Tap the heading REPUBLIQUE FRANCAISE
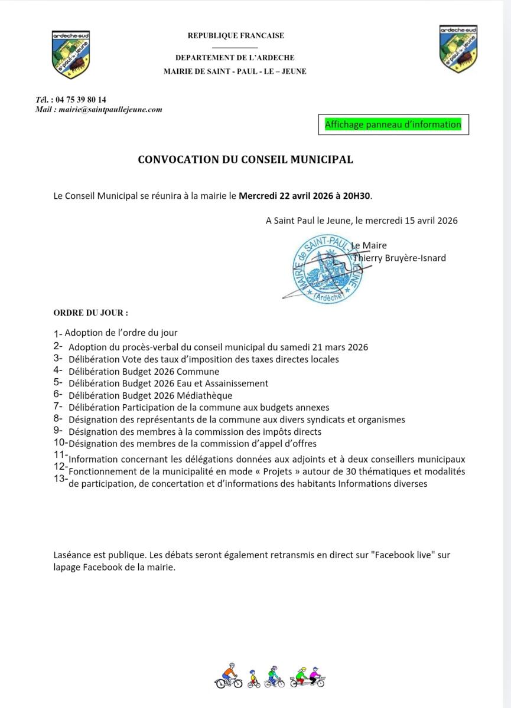pos(236,35)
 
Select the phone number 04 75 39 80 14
pos(79,100)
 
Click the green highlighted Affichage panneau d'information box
pos(393,124)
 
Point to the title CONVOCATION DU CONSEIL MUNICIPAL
pos(245,159)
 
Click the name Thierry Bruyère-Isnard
pos(399,258)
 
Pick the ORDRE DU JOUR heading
pos(90,312)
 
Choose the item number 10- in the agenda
pos(60,442)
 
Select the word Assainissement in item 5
pos(234,383)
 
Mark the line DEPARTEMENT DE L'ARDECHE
pos(235,58)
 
